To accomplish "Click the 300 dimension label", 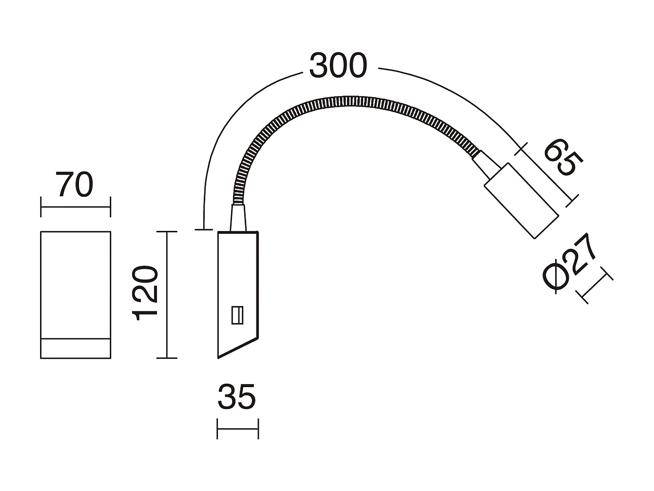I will coord(338,66).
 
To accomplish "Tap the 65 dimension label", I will coord(563,158).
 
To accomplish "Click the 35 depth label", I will coord(236,397).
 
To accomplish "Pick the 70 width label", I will coord(75,185).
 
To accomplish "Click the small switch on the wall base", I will coord(237,315).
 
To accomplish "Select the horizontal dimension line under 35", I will coord(238,429).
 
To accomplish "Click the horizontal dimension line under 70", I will coord(75,207).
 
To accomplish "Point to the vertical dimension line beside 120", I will coord(167,295).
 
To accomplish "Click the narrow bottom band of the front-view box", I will coord(75,348).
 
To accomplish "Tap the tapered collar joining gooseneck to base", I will coord(238,218).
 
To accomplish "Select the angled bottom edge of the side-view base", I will coord(238,348).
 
